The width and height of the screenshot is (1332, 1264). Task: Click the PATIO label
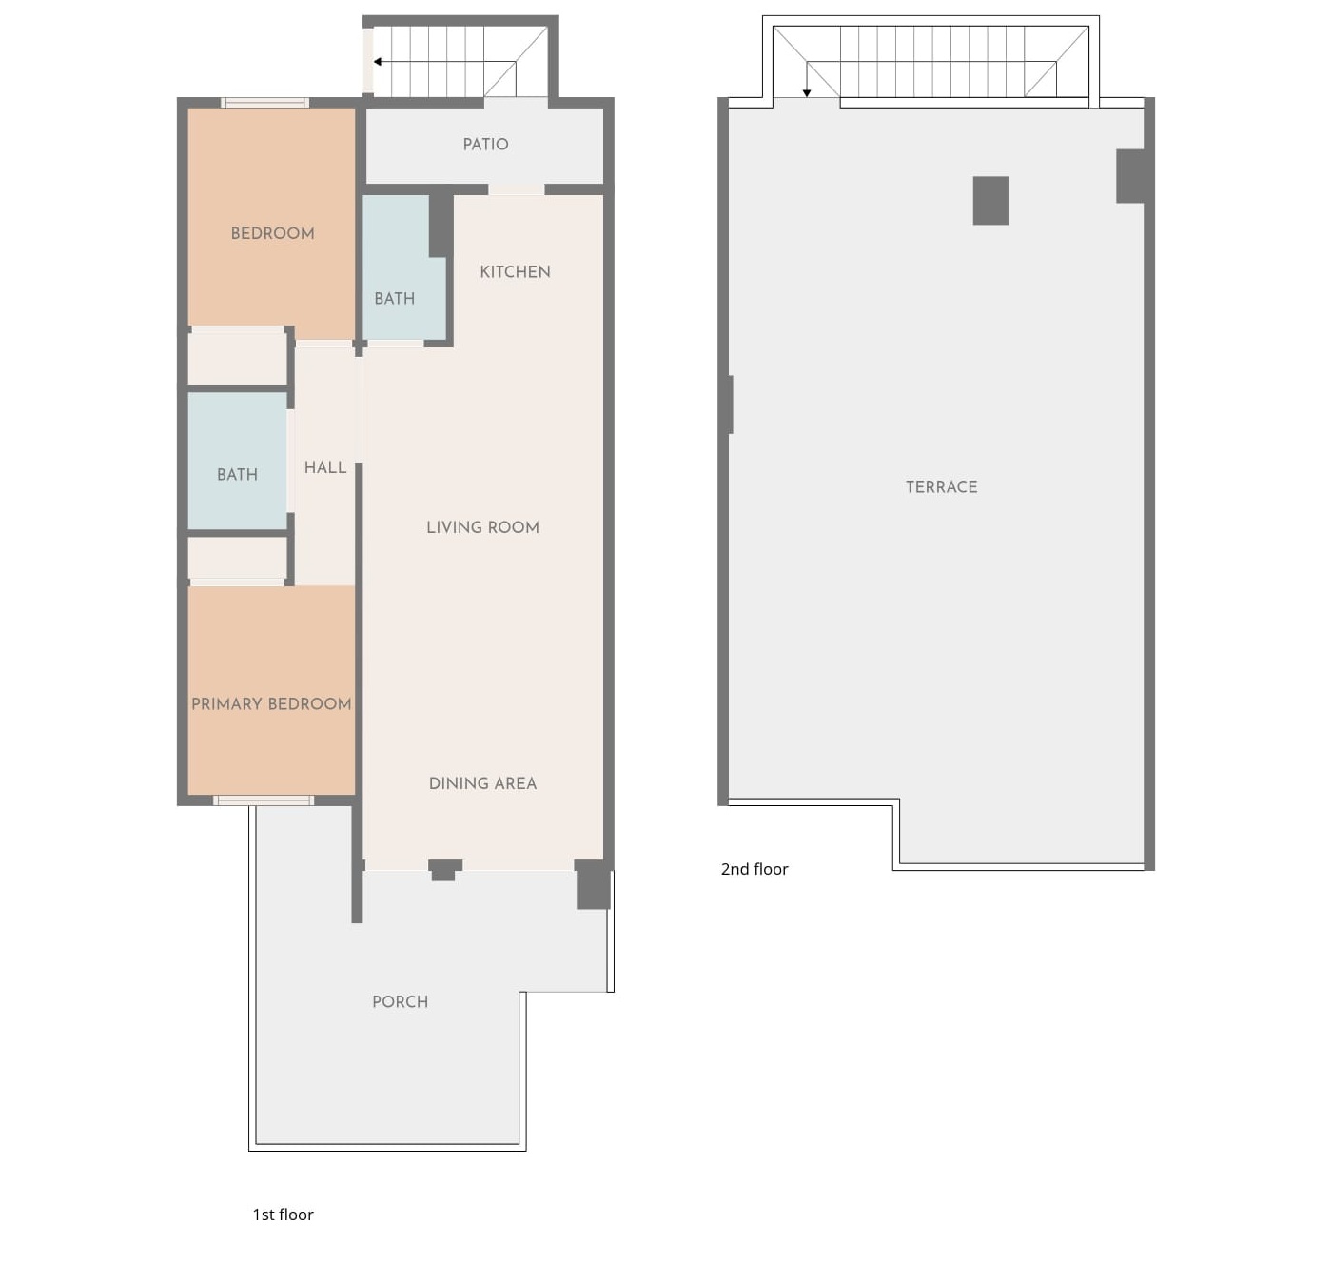tap(485, 145)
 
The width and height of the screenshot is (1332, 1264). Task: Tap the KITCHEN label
tap(515, 272)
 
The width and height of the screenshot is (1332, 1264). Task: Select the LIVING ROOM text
tap(482, 527)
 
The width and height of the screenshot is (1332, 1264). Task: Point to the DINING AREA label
tap(482, 783)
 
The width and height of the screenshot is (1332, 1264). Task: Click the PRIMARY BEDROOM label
tap(271, 704)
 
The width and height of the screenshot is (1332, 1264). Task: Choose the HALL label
tap(325, 467)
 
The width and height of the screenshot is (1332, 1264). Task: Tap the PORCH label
tap(400, 1001)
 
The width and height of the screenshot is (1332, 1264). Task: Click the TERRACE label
tap(941, 486)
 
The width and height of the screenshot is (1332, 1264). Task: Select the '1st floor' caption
tap(283, 1215)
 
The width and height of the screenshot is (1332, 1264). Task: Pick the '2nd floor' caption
tap(754, 869)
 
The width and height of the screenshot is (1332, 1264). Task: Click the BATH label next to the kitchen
tap(394, 298)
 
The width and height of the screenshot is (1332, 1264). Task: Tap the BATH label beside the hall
tap(237, 474)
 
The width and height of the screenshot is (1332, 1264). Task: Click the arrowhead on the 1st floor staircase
tap(378, 62)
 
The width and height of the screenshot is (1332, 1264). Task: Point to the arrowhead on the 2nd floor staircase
tap(806, 93)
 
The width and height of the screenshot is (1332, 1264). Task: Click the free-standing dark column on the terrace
tap(989, 201)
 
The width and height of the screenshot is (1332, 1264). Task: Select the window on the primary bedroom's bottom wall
tap(264, 800)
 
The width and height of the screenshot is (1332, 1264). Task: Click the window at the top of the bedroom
tap(264, 103)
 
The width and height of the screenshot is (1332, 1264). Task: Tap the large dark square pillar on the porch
tap(593, 884)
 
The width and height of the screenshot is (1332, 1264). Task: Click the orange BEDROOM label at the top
tap(272, 234)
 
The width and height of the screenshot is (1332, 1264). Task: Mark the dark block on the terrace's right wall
tap(1130, 176)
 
